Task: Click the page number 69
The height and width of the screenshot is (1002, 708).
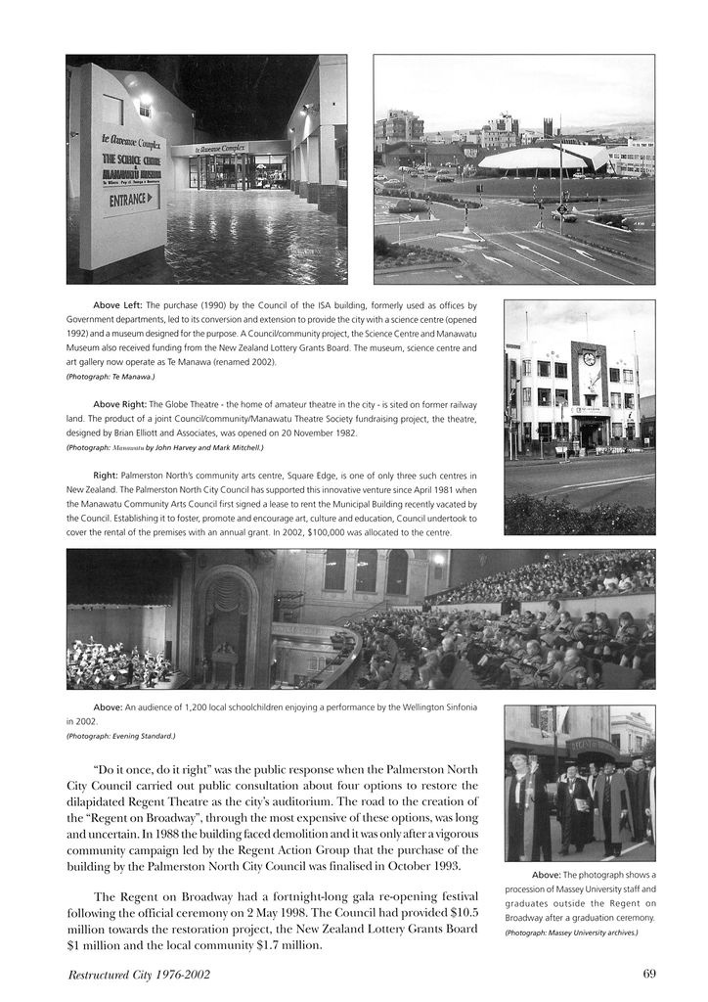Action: pos(649,974)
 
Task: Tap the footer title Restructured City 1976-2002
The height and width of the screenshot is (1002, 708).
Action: pos(139,975)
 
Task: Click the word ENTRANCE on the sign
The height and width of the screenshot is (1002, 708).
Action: pos(129,200)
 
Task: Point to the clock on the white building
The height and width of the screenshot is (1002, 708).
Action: pos(589,359)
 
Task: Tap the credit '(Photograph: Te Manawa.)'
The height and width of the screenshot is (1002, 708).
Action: pos(111,376)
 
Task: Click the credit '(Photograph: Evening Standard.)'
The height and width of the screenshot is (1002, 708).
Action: pos(121,736)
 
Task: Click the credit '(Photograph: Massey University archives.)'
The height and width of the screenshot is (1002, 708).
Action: pos(570,933)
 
